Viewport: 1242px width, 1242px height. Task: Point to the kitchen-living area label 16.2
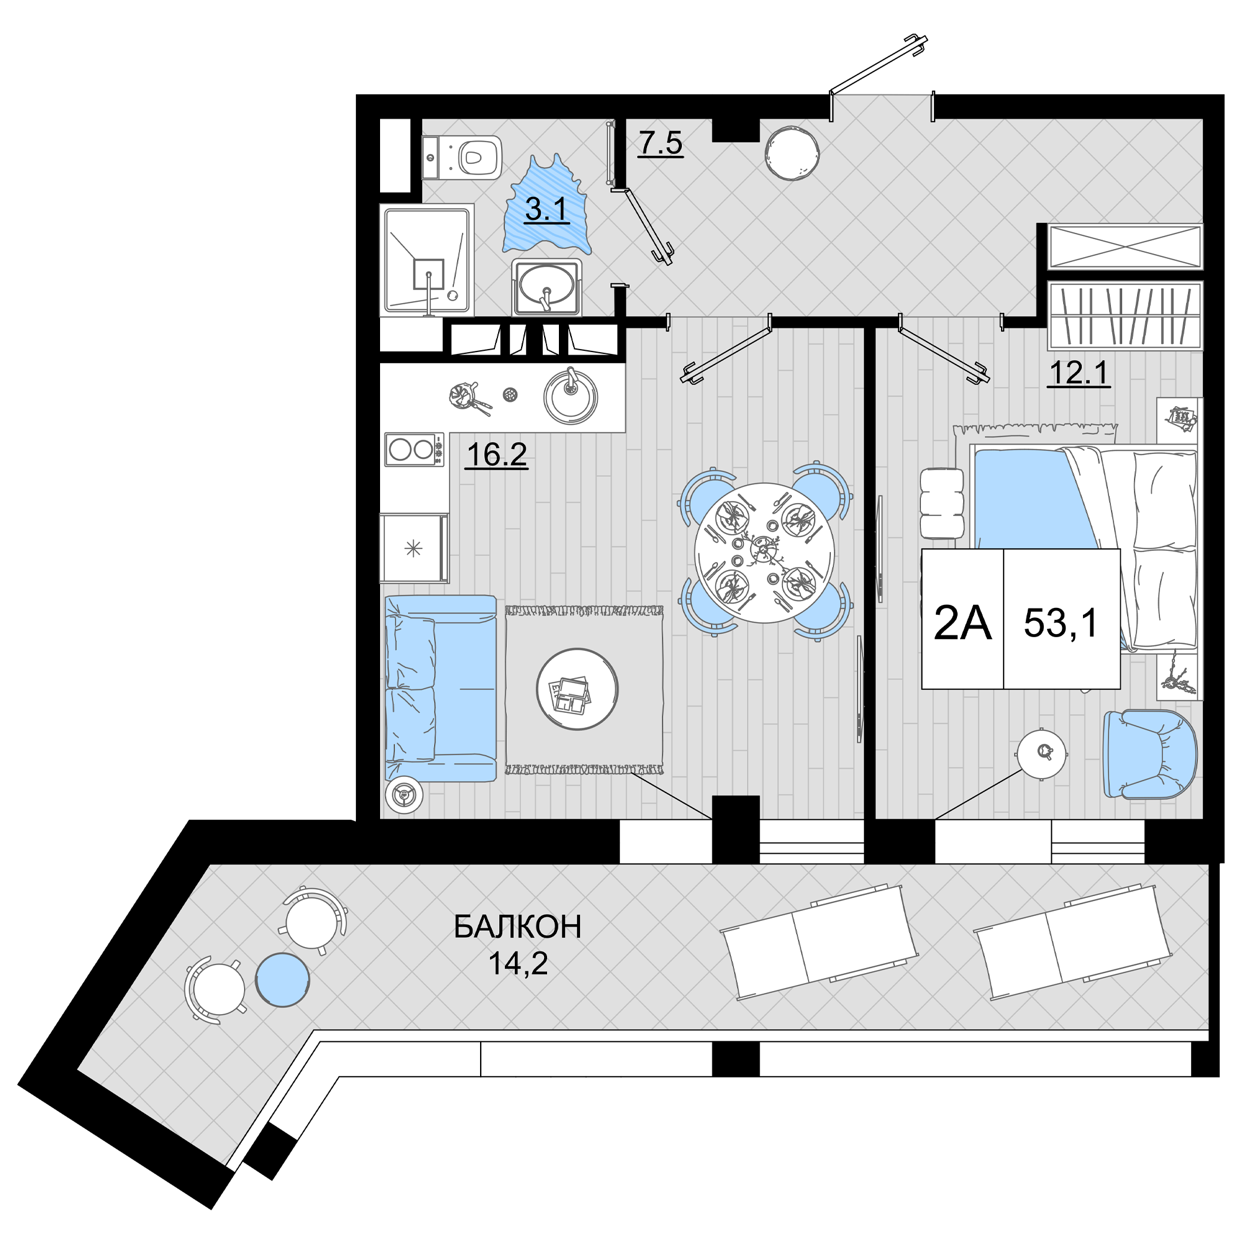pos(496,455)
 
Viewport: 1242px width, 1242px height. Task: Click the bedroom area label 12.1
pos(1079,373)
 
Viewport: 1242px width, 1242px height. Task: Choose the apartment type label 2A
pos(962,623)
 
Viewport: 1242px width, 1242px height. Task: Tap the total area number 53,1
pos(1061,623)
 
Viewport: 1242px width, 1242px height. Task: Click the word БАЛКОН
pos(517,927)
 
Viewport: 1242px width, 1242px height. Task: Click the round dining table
pos(764,553)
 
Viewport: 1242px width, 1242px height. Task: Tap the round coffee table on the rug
pos(578,689)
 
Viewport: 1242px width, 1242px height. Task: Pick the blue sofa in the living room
pos(440,688)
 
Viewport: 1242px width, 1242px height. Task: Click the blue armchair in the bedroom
pos(1149,754)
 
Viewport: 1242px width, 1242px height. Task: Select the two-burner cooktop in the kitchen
pos(415,449)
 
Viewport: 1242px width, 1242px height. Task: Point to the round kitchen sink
pos(570,397)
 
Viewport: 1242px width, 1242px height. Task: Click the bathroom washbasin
pos(546,287)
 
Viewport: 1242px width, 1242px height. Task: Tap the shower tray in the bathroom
pos(427,260)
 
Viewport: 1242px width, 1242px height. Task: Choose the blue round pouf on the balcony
pos(283,980)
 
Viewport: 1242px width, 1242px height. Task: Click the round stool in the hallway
pos(792,152)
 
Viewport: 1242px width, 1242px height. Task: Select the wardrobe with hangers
pos(1125,315)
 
